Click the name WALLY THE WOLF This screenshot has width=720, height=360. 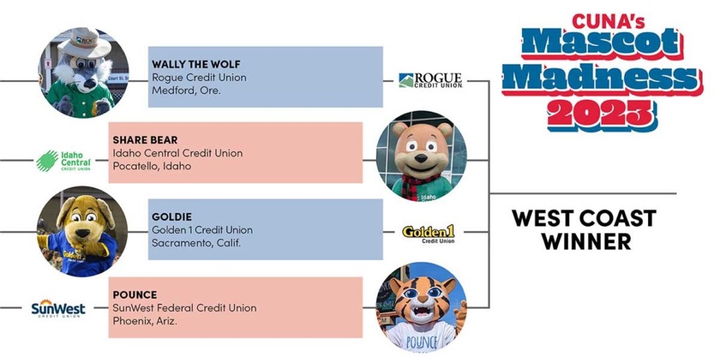[x=196, y=64]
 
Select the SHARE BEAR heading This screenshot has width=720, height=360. [x=145, y=140]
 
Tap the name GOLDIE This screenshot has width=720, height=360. [x=172, y=217]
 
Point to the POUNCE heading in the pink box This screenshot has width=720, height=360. [x=135, y=294]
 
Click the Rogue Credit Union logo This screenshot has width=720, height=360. [x=431, y=81]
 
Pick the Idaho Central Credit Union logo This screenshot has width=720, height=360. [x=63, y=161]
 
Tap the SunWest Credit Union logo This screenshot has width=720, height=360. [x=58, y=308]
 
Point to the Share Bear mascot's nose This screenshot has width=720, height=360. [x=420, y=158]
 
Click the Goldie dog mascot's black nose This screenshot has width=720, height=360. [x=83, y=233]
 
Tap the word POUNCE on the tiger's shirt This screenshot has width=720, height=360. [x=422, y=343]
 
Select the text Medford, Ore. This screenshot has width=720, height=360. [x=186, y=91]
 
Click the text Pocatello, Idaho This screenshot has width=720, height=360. [x=152, y=166]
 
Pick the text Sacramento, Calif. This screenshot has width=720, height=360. [x=196, y=243]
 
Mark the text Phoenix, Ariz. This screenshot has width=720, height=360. [x=145, y=320]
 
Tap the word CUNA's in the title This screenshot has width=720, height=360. [x=608, y=21]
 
